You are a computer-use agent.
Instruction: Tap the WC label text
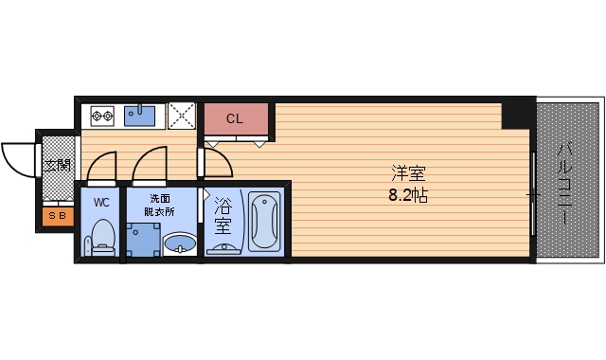click(101, 201)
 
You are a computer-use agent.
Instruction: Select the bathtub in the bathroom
click(263, 223)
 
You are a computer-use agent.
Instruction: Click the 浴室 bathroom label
click(223, 215)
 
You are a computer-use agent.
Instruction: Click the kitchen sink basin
click(141, 116)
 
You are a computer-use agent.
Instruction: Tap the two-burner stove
click(101, 116)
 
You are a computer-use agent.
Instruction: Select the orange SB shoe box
click(56, 217)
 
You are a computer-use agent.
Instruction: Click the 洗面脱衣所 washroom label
click(159, 206)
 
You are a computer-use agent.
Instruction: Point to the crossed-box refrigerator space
click(181, 116)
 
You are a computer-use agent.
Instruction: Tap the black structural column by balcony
click(517, 114)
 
